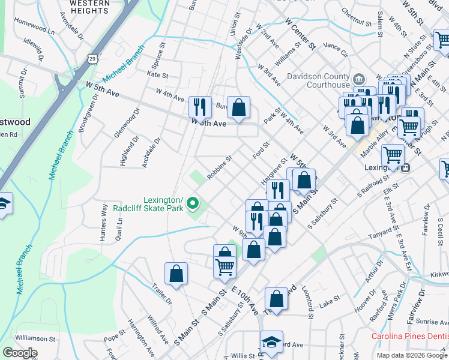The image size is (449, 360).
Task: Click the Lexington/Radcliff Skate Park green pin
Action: tap(193, 205)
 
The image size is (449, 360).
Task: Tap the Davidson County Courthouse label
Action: tap(318, 80)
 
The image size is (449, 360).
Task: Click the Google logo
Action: tap(20, 353)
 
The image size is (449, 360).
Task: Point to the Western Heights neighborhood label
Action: tap(89, 7)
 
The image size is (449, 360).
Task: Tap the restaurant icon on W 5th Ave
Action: tap(200, 107)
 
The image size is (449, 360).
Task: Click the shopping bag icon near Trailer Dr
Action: tap(176, 274)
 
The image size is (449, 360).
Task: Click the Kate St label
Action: tap(157, 75)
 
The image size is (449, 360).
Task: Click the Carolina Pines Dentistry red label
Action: tap(409, 336)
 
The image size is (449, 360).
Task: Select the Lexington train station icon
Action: tap(406, 168)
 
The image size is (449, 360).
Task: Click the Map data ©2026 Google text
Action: tap(412, 355)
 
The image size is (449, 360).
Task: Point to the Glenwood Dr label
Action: tap(126, 123)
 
